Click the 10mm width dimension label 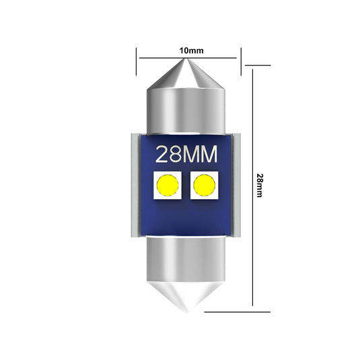pos(192,50)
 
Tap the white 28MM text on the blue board pos(186,155)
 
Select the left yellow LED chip pos(167,186)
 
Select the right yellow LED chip pos(203,186)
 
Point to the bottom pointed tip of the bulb pos(186,310)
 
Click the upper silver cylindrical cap pos(186,108)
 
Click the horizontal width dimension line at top pos(161,58)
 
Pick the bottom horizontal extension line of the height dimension pos(236,312)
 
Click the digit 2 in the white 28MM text pos(163,155)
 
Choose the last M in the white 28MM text pos(209,155)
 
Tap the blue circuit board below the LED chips pos(186,219)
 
